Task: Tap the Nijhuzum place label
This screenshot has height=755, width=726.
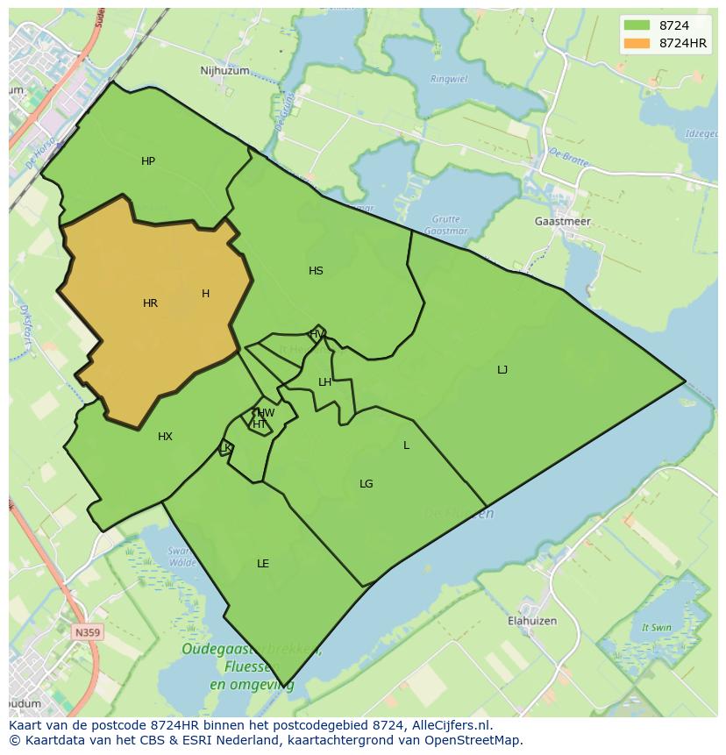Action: [x=224, y=71]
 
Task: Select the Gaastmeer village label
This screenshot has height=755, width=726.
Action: [x=562, y=222]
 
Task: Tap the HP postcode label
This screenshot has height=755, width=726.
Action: [x=148, y=161]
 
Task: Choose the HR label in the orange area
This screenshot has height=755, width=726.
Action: [x=150, y=303]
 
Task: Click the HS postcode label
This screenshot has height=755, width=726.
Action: [x=316, y=271]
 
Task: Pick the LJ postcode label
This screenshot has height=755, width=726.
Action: [x=502, y=370]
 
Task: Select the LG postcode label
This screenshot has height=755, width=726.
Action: [x=367, y=484]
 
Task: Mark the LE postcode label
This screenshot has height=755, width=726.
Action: [x=263, y=564]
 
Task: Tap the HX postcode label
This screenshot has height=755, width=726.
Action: [x=165, y=437]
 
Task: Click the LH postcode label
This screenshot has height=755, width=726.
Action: [x=324, y=382]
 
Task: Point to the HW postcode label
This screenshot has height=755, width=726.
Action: [x=266, y=413]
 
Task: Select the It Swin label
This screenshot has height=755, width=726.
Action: [x=656, y=628]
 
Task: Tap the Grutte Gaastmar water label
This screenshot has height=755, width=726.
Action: [x=445, y=224]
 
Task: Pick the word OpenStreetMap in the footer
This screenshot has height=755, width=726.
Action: [x=477, y=740]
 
